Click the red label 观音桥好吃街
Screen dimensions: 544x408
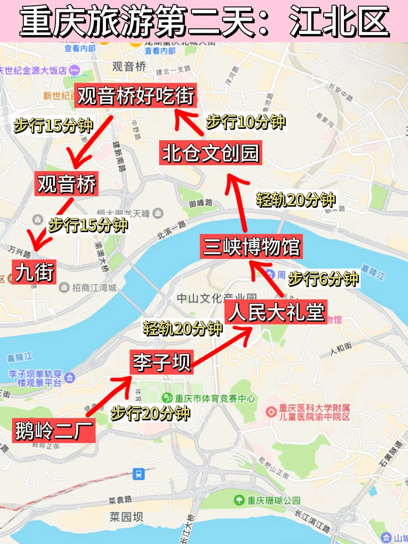(x=135, y=95)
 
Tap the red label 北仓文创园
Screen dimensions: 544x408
(x=211, y=153)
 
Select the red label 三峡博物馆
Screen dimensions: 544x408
(x=251, y=247)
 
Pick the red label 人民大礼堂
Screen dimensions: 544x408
(x=276, y=312)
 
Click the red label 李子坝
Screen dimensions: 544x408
(x=162, y=362)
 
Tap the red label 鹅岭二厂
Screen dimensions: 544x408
(x=53, y=430)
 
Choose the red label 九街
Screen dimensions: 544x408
(x=34, y=272)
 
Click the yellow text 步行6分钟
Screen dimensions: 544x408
(x=323, y=279)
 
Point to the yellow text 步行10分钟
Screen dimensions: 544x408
(x=246, y=122)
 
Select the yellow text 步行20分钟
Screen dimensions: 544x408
(x=150, y=413)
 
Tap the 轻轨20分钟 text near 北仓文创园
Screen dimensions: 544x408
(x=296, y=200)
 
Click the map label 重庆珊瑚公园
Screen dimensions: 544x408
(x=274, y=500)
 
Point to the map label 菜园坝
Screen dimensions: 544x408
(x=126, y=517)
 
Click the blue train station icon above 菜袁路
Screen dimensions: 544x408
(x=139, y=474)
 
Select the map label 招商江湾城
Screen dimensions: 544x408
(x=94, y=288)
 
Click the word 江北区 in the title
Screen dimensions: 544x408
(x=339, y=22)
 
